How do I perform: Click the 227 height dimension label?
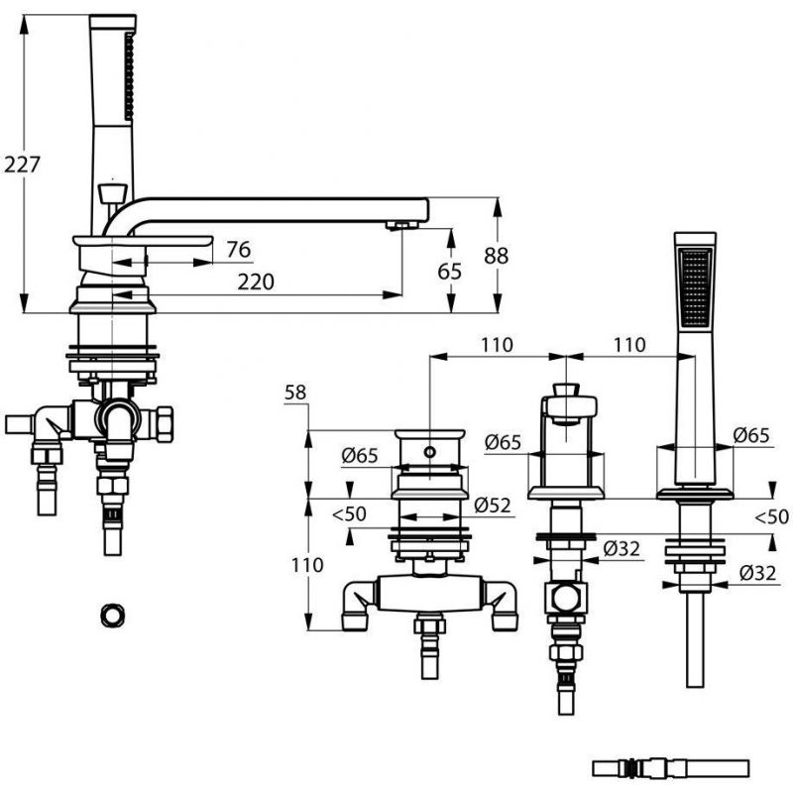[x=22, y=165]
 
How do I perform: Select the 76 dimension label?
[x=238, y=250]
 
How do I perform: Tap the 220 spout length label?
[x=256, y=282]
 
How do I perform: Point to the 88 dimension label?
[x=497, y=256]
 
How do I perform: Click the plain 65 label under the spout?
[x=450, y=272]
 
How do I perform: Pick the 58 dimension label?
[x=295, y=392]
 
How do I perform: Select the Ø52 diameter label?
[x=493, y=505]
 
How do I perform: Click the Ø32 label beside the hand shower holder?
[x=757, y=573]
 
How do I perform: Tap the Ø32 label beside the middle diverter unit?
[x=622, y=548]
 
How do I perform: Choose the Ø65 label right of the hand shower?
[x=751, y=435]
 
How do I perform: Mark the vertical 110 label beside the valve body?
[x=307, y=565]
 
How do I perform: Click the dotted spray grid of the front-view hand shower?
[x=696, y=286]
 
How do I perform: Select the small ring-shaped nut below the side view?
[x=112, y=616]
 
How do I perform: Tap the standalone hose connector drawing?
[x=670, y=767]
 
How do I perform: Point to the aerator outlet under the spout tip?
[x=402, y=225]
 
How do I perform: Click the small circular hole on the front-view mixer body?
[x=430, y=452]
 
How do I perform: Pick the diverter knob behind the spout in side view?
[x=112, y=193]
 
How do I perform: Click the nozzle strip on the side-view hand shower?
[x=130, y=77]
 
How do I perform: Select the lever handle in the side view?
[x=143, y=242]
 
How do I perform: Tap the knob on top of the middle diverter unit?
[x=566, y=391]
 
